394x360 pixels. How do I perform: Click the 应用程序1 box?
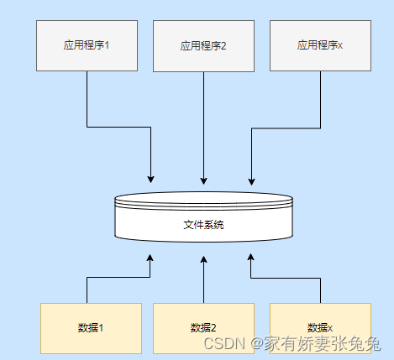click(x=87, y=46)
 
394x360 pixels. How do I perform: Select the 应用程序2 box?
click(x=203, y=46)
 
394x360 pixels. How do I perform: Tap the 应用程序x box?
click(x=320, y=46)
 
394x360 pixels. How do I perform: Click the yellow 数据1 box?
click(x=90, y=327)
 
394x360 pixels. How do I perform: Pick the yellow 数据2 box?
click(x=203, y=327)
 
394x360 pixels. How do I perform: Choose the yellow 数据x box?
click(x=320, y=327)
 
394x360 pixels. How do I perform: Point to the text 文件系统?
click(x=203, y=225)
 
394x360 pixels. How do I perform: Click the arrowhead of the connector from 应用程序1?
click(x=150, y=179)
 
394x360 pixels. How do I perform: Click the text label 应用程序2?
click(x=203, y=46)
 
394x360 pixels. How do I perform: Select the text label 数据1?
click(x=90, y=327)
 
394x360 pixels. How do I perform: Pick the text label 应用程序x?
click(x=320, y=44)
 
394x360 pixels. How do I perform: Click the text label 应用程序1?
click(x=87, y=44)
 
